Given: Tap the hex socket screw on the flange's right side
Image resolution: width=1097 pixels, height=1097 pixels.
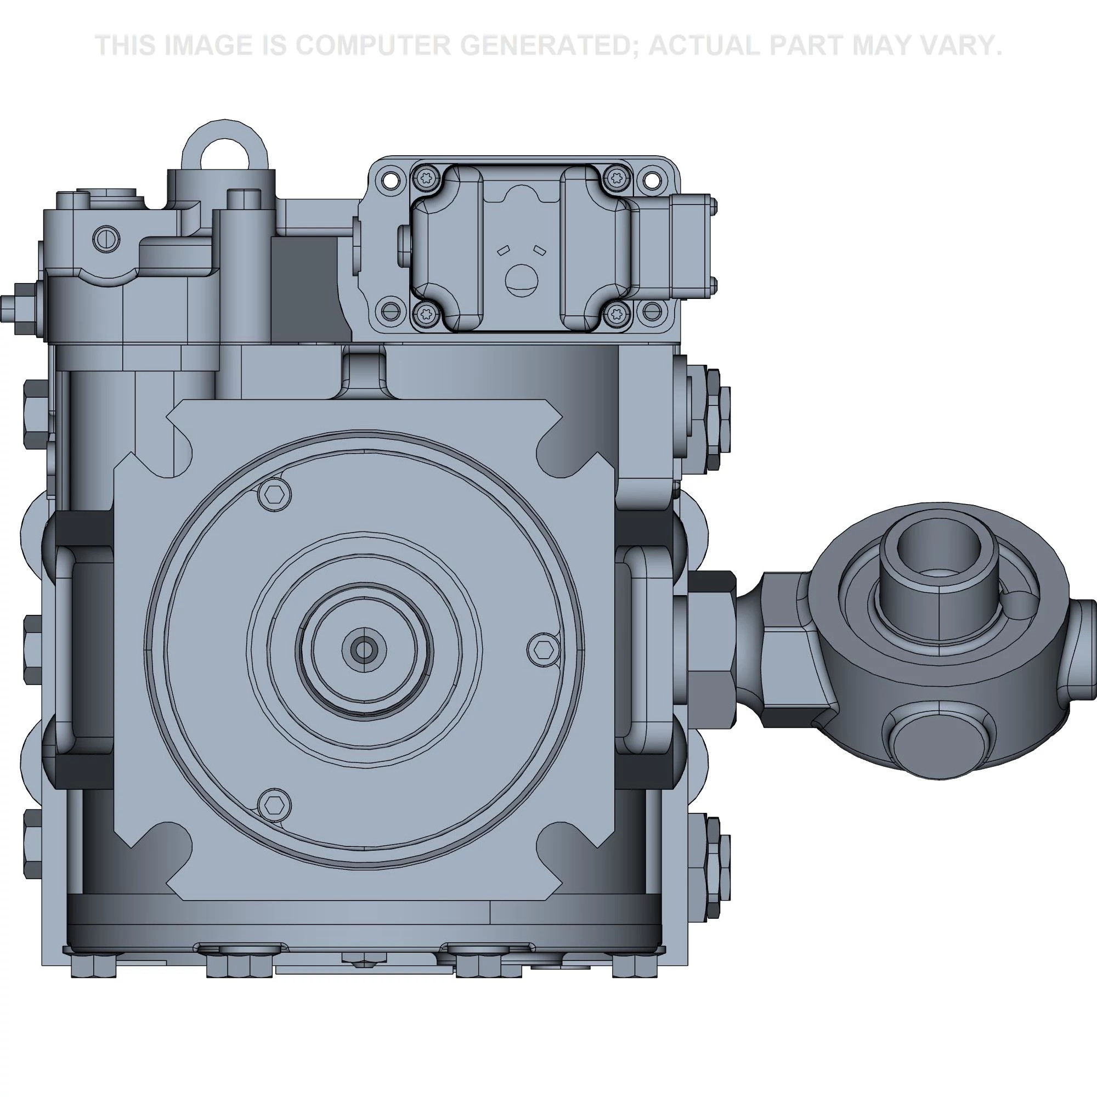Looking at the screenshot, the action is click(x=544, y=648).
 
